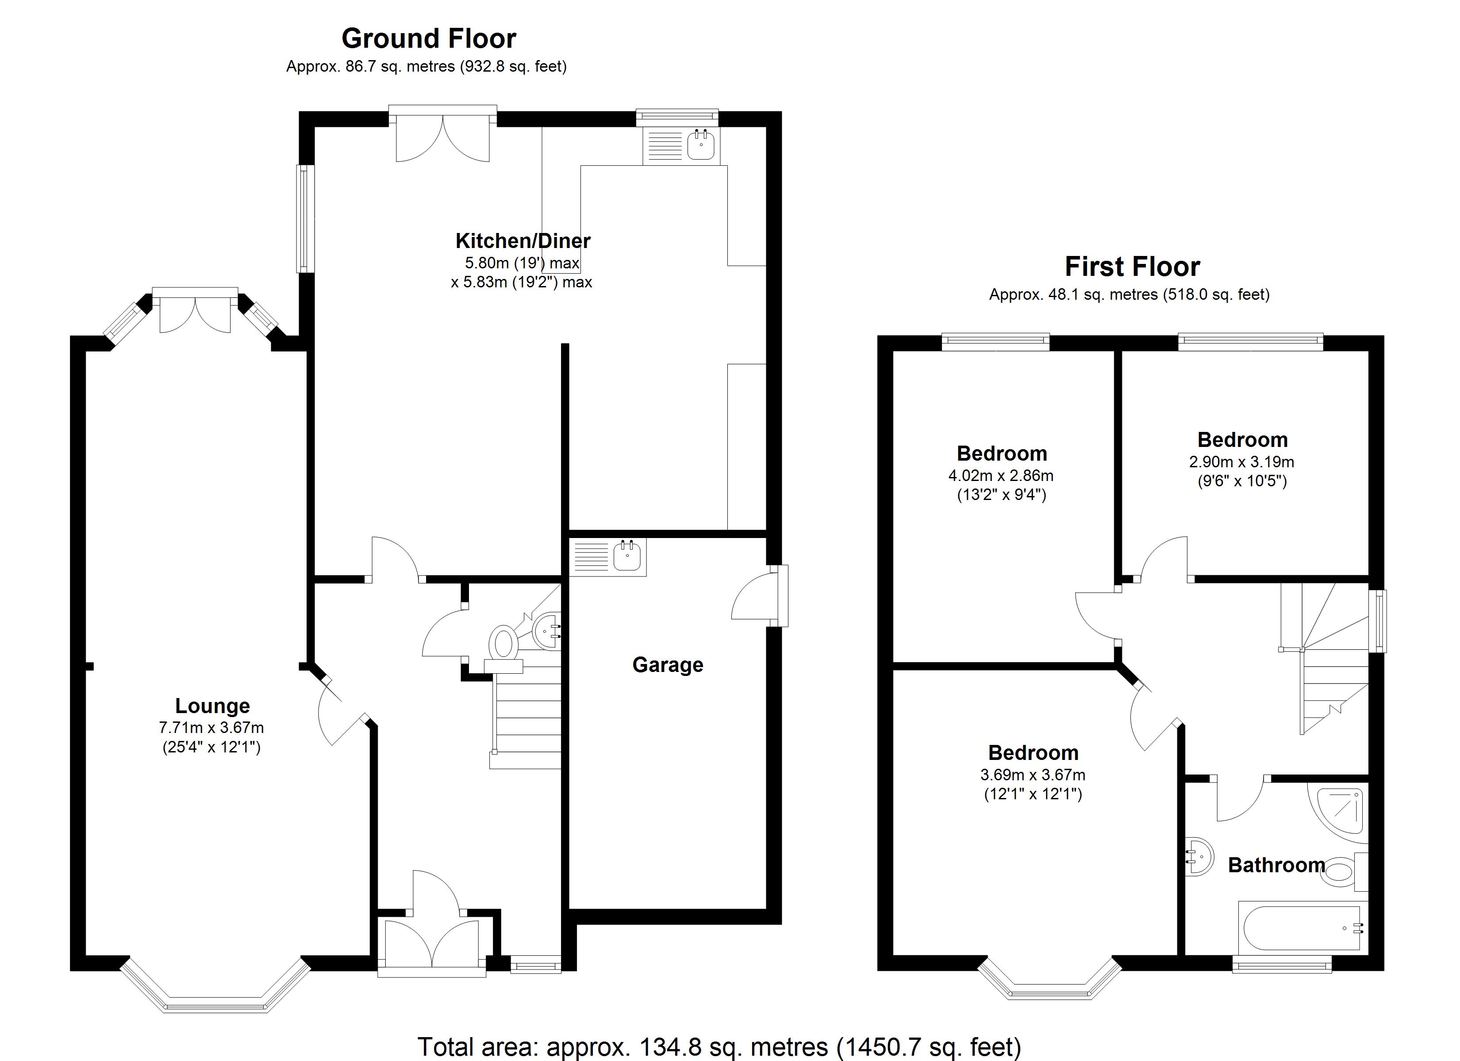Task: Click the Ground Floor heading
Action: [x=428, y=38]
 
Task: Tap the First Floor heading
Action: [x=1132, y=267]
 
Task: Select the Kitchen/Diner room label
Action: [x=522, y=240]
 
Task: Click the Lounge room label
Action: [x=212, y=706]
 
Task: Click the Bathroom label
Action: [x=1276, y=865]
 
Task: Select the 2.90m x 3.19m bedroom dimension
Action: [x=1241, y=462]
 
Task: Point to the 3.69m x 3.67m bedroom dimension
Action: [x=1033, y=775]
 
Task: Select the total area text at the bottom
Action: [x=719, y=1046]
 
